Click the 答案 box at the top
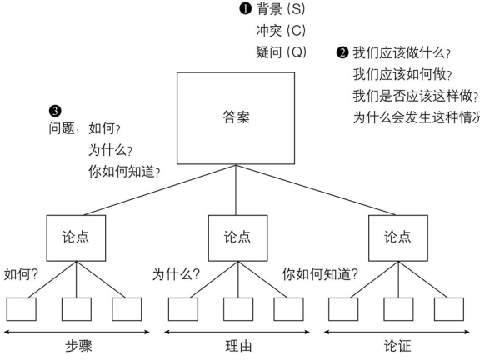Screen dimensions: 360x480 click(x=236, y=117)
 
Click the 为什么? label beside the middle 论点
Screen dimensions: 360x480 click(x=176, y=272)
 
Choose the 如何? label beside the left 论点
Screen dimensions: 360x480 click(x=22, y=272)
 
